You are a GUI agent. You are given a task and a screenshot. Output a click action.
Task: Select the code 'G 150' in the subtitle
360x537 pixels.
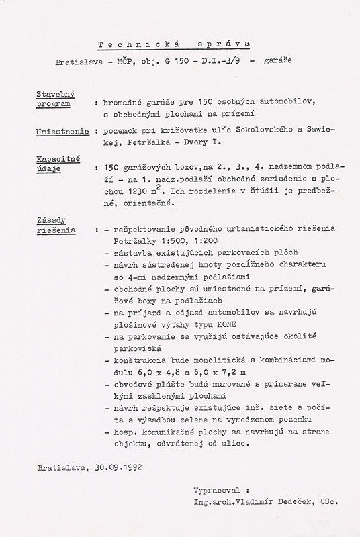[184, 61]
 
